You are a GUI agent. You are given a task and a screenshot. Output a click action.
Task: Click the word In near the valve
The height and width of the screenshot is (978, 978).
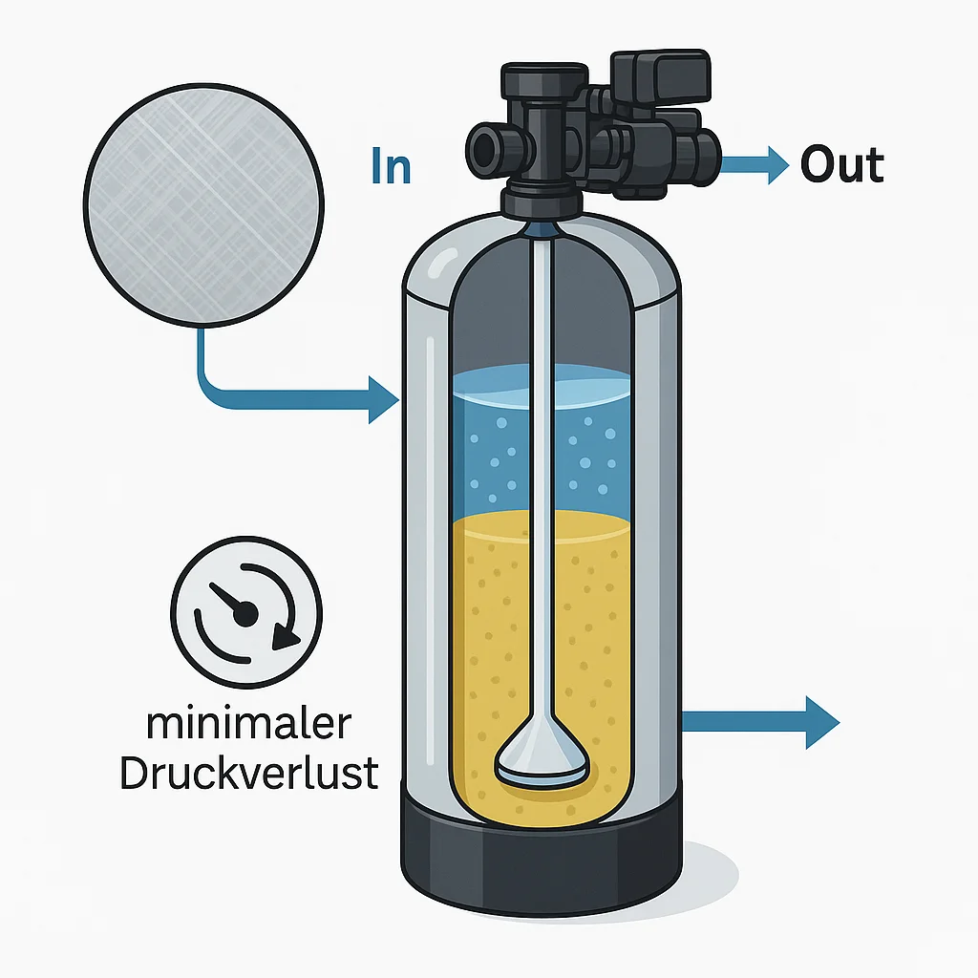click(391, 166)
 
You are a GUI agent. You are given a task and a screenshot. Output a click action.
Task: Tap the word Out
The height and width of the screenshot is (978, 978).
click(841, 165)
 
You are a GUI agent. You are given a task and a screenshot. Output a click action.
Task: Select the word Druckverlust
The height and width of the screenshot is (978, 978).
click(248, 774)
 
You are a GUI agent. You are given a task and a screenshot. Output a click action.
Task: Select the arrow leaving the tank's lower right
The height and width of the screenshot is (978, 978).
click(764, 722)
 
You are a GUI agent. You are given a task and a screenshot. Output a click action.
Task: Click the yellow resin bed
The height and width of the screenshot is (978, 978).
click(497, 649)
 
